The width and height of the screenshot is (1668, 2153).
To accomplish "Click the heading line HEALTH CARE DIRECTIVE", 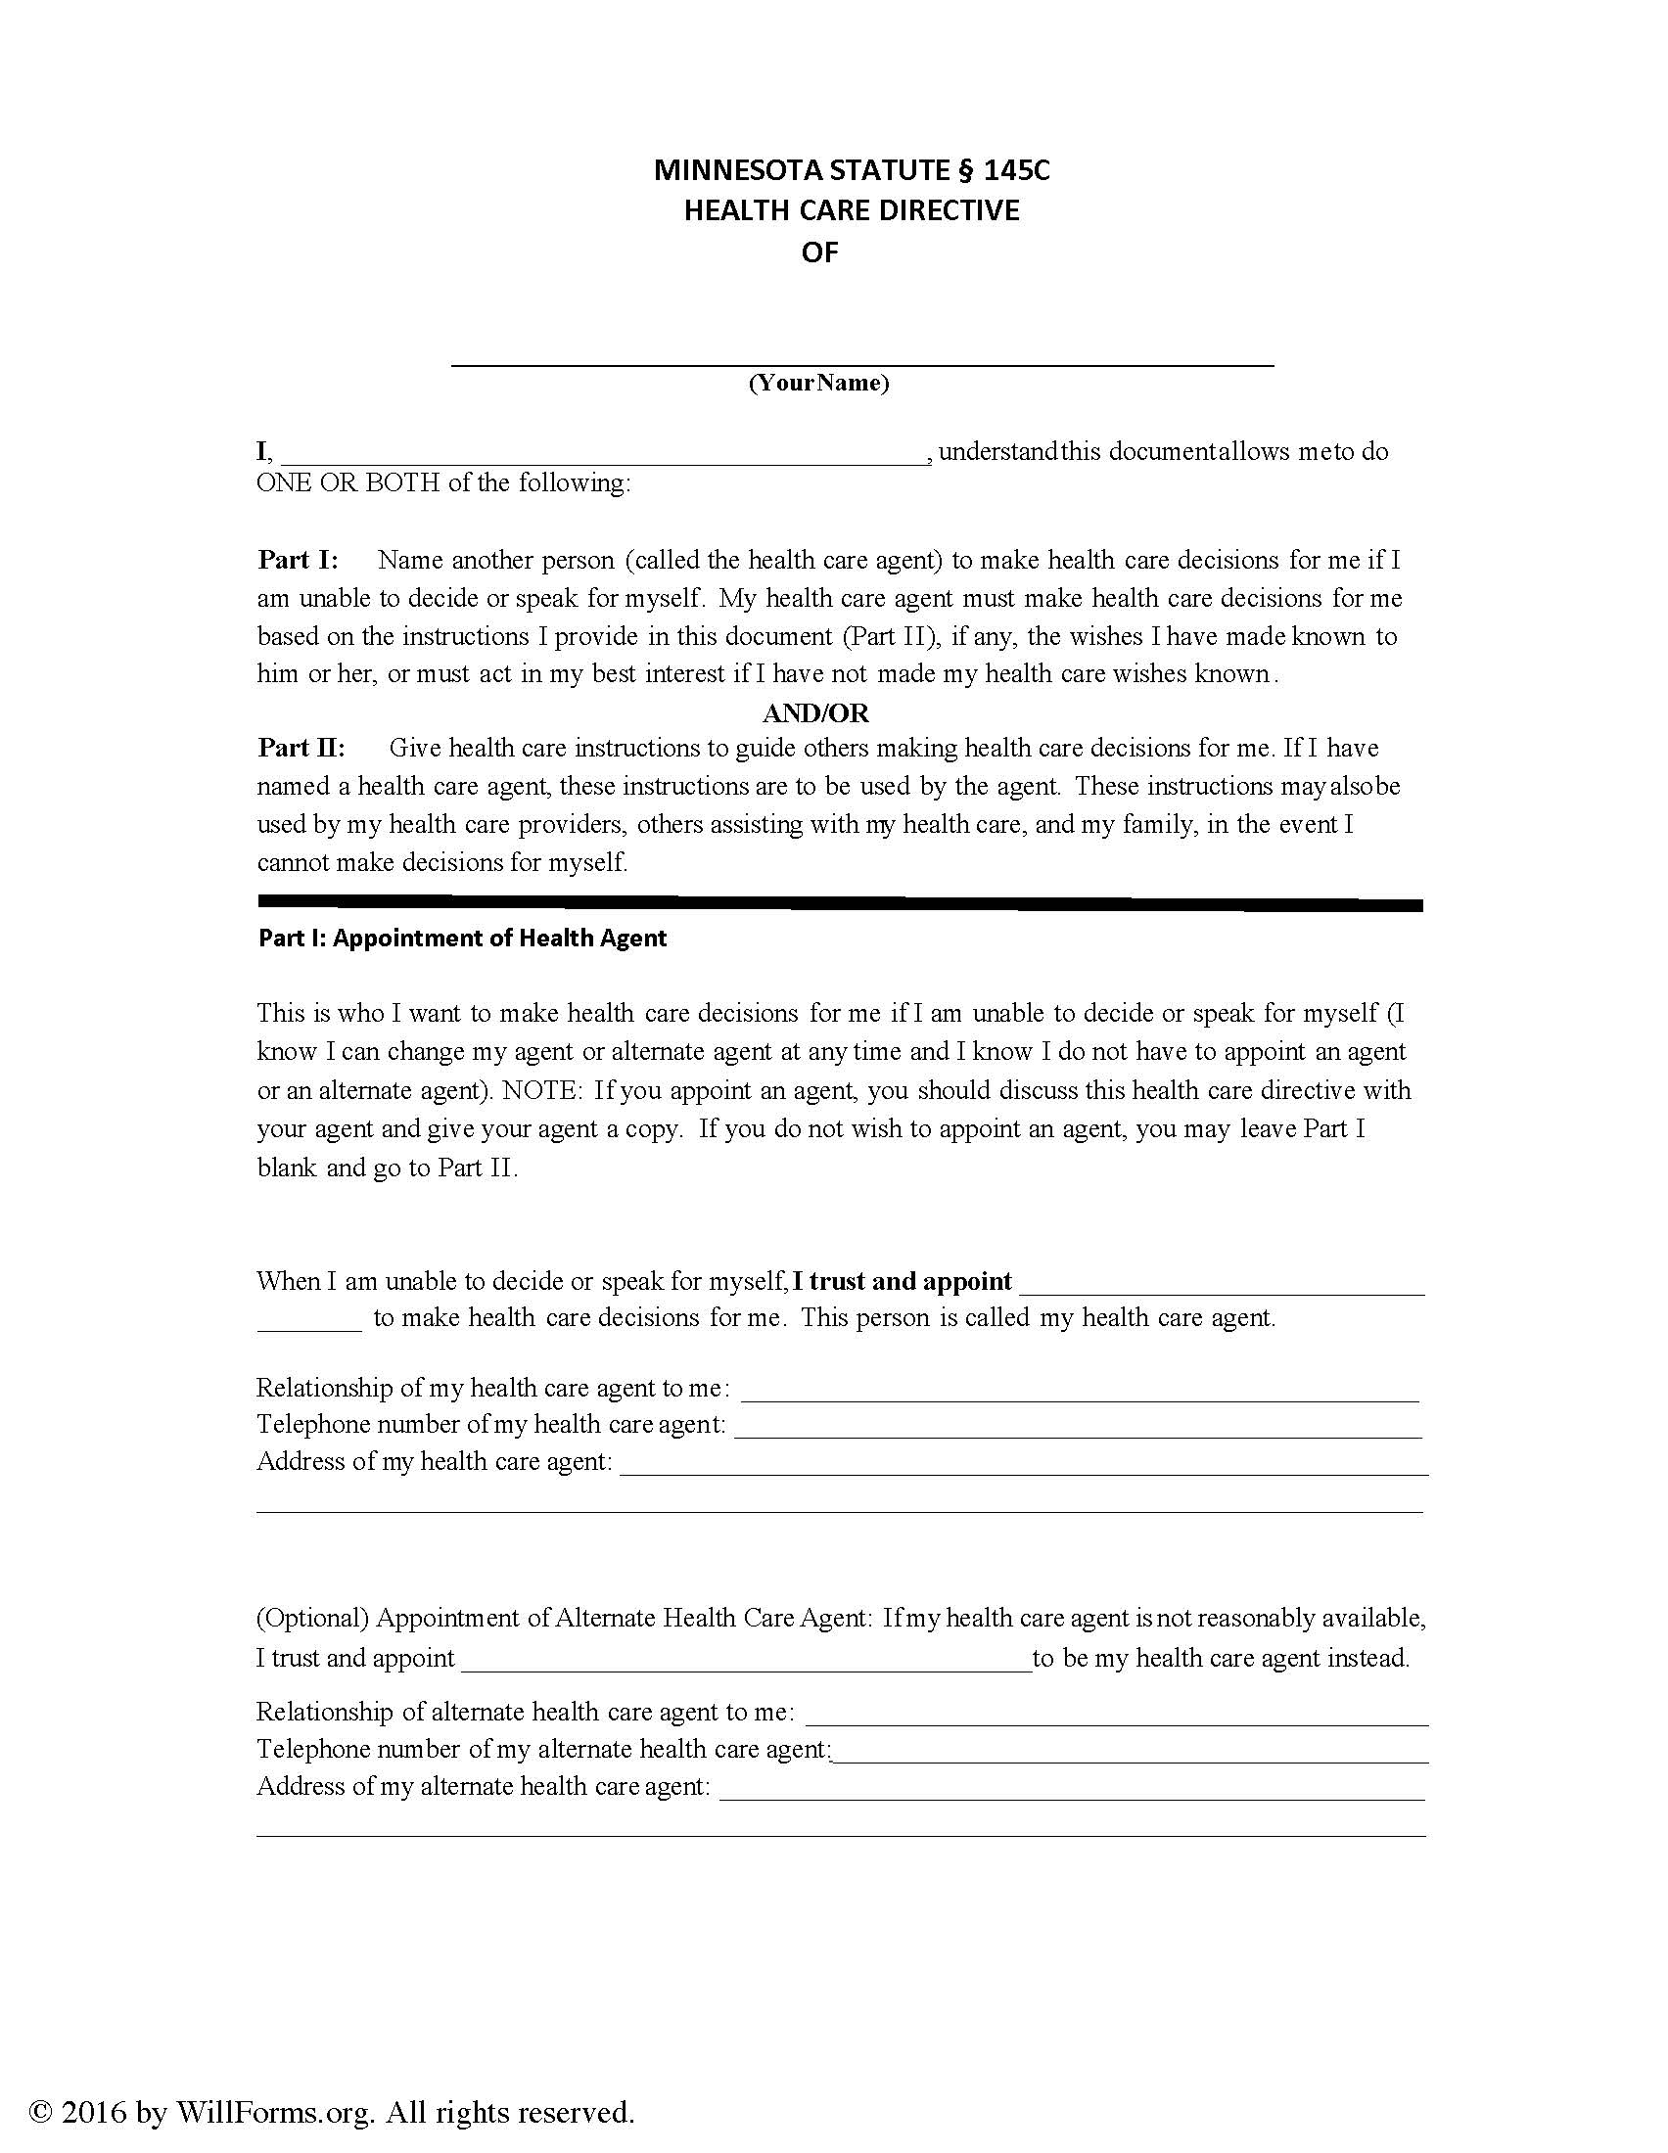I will pos(852,210).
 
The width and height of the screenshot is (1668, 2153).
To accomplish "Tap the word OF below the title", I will pos(819,252).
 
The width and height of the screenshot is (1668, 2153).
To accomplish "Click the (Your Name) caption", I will pos(818,383).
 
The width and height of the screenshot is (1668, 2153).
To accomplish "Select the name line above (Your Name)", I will pos(862,362).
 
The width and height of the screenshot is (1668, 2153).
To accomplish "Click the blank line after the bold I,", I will pos(603,457).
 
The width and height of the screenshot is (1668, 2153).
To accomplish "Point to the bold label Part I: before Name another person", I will pos(298,560).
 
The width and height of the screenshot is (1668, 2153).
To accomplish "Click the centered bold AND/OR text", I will pos(815,711).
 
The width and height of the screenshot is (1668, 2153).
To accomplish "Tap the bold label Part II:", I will pos(301,748).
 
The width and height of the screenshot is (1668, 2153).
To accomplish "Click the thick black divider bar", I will pos(840,902).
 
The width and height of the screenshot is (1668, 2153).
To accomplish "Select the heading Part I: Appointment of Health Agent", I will pos(462,938).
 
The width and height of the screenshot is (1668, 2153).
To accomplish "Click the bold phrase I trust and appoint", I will pos(902,1281).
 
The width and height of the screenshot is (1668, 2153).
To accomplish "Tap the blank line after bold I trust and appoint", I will pos(1223,1288).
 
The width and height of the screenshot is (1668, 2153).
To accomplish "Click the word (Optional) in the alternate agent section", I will pos(312,1618).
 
